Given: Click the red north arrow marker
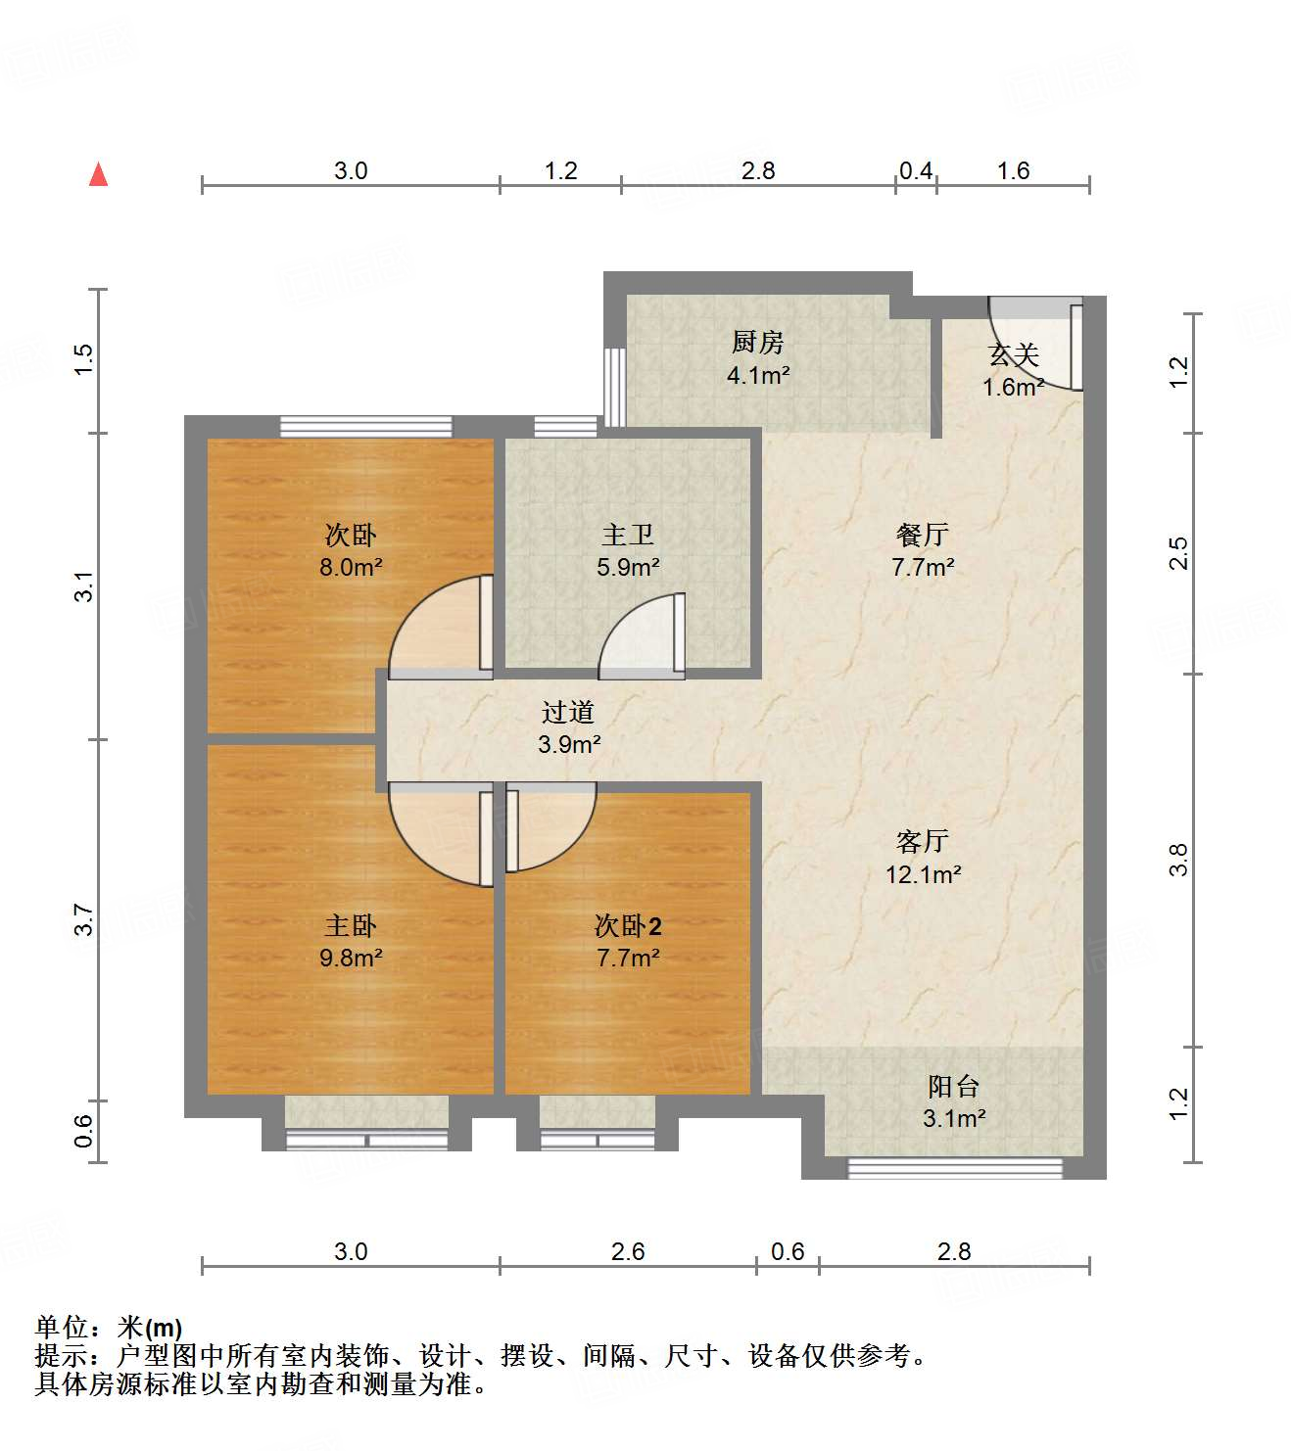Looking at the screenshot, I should tap(98, 175).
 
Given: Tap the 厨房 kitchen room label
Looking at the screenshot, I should tap(757, 343).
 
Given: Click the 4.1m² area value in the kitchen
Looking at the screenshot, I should tap(757, 375).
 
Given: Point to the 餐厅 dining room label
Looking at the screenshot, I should tap(922, 535).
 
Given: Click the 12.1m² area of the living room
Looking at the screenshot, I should tap(923, 874).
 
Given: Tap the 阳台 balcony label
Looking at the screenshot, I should tap(953, 1086).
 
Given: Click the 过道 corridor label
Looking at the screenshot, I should tap(568, 712).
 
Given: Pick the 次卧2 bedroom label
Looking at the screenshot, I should tap(628, 925).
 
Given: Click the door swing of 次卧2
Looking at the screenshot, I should tap(549, 827).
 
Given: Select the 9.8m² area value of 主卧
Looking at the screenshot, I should tap(351, 958).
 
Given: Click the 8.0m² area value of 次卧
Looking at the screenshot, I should tap(351, 567).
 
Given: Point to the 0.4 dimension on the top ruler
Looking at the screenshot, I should tap(915, 171).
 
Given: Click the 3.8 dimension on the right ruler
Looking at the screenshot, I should tap(1178, 860).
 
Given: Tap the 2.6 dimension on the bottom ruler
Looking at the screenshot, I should tap(627, 1251).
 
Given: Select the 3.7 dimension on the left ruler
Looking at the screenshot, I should tap(84, 920).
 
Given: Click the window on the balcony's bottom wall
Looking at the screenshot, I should tap(954, 1167).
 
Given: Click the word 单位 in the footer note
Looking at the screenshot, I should tap(62, 1328).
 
